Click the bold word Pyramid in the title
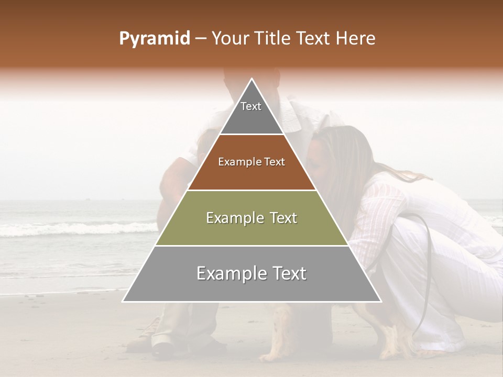pyautogui.click(x=154, y=39)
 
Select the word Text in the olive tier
pyautogui.click(x=282, y=218)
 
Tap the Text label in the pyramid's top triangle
pyautogui.click(x=251, y=106)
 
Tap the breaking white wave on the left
pyautogui.click(x=79, y=228)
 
